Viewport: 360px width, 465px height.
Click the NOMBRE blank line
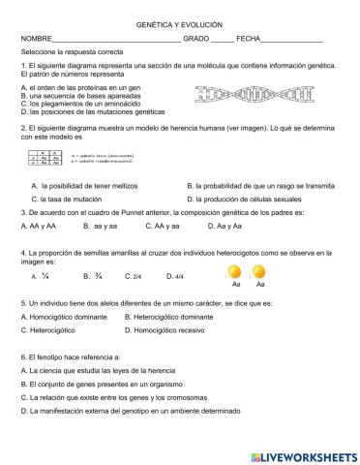click(x=116, y=41)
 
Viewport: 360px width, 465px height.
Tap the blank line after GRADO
click(x=222, y=41)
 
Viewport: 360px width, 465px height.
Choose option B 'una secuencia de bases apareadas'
click(x=78, y=96)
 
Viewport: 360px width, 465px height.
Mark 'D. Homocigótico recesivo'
click(x=165, y=330)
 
